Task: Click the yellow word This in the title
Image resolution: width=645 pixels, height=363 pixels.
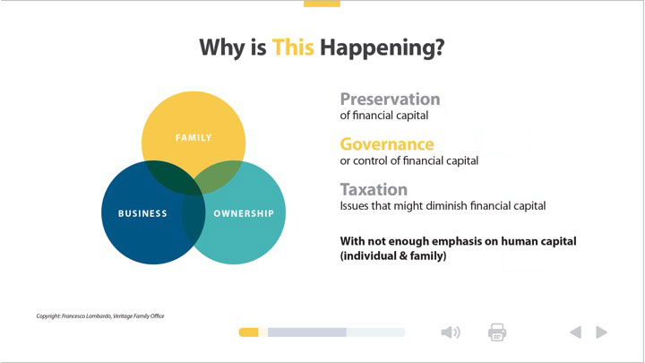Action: pyautogui.click(x=293, y=47)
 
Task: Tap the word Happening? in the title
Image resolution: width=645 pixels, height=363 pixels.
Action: pyautogui.click(x=383, y=48)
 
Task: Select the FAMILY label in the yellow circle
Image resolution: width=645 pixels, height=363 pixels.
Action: pyautogui.click(x=193, y=137)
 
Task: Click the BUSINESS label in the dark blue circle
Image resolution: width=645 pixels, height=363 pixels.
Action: pyautogui.click(x=142, y=213)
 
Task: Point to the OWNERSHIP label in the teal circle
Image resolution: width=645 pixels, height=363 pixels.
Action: pyautogui.click(x=244, y=213)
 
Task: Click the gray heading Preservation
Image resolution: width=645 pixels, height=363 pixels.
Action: pyautogui.click(x=390, y=99)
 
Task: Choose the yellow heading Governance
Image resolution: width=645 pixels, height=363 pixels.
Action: pyautogui.click(x=387, y=144)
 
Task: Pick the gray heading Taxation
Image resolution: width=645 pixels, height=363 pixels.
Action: pyautogui.click(x=374, y=189)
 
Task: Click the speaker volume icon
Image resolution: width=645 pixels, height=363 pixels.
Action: pyautogui.click(x=451, y=333)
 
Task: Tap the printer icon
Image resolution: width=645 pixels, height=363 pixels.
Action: pyautogui.click(x=497, y=333)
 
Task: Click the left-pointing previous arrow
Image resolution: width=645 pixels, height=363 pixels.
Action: pyautogui.click(x=576, y=333)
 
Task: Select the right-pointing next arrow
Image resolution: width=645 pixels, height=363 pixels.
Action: pyautogui.click(x=601, y=333)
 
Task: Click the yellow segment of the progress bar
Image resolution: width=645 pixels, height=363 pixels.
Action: pyautogui.click(x=249, y=333)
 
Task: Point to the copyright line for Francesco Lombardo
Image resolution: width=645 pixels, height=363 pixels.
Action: pyautogui.click(x=100, y=316)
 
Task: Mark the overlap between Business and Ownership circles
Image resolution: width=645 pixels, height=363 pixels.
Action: pyautogui.click(x=193, y=217)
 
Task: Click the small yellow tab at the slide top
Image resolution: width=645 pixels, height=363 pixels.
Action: pyautogui.click(x=322, y=4)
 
